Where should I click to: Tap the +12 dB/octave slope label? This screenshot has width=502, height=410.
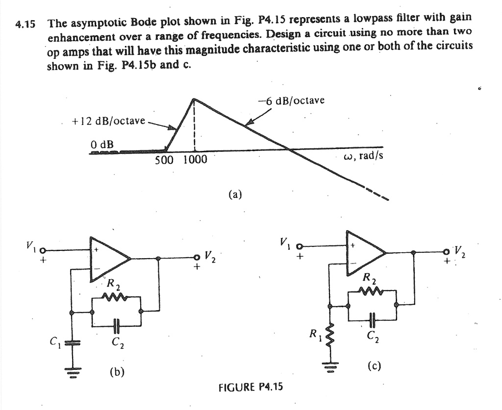tap(108, 121)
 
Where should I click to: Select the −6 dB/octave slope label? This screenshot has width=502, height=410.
tap(291, 100)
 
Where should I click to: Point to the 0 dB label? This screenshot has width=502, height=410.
tap(102, 145)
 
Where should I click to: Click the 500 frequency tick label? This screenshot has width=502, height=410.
tap(164, 160)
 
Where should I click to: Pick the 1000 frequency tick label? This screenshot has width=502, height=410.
tap(195, 160)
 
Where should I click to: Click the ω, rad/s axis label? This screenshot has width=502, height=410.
tap(364, 156)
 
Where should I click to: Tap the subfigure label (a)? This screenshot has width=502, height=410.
tap(235, 194)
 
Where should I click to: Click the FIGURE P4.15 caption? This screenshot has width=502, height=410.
tap(251, 387)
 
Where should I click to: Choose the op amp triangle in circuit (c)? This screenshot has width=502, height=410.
tap(365, 252)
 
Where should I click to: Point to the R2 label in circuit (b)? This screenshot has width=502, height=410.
tap(114, 284)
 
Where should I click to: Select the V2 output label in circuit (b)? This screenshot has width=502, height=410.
tap(210, 256)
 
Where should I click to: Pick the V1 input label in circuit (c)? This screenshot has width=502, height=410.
tap(284, 241)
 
